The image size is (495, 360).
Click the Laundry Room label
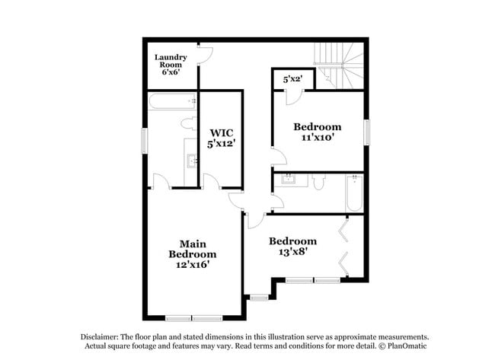171,62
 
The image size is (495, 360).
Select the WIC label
221,129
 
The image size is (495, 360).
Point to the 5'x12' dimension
221,142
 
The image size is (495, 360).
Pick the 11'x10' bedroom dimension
318,138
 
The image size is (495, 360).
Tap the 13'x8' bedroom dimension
293,251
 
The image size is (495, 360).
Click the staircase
340,64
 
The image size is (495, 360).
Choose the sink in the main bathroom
191,160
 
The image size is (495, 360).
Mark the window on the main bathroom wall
144,141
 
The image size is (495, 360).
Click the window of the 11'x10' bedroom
366,132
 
